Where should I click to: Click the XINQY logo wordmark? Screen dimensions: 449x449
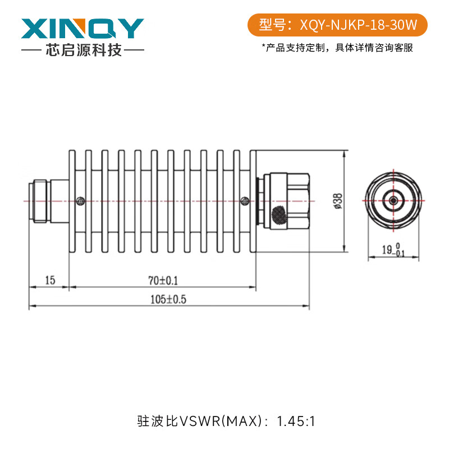(83, 28)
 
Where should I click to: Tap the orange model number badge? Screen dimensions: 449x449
(337, 25)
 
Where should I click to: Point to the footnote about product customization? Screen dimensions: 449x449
(337, 48)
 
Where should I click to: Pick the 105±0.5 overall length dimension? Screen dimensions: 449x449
(167, 300)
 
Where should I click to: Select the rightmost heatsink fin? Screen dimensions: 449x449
(253, 200)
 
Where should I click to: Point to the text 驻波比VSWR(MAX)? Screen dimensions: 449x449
(199, 420)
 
